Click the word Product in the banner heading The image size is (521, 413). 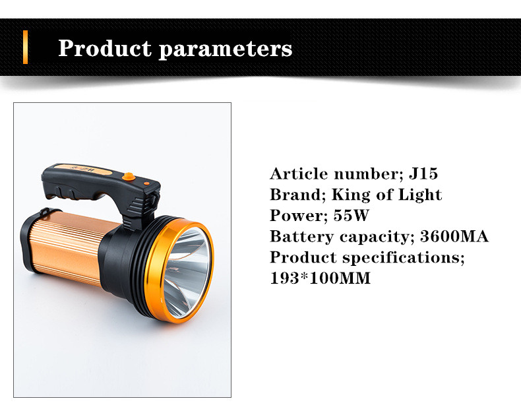pyautogui.click(x=105, y=48)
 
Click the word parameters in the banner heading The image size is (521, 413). pyautogui.click(x=226, y=50)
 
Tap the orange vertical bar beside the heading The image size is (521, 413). pyautogui.click(x=25, y=47)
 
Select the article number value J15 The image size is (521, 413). pyautogui.click(x=423, y=174)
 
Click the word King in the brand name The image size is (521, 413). pyautogui.click(x=351, y=195)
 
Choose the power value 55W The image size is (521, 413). pyautogui.click(x=351, y=216)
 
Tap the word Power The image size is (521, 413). pyautogui.click(x=296, y=216)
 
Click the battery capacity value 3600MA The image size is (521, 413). pyautogui.click(x=454, y=236)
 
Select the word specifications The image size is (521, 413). pyautogui.click(x=404, y=258)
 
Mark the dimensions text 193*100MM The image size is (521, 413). pyautogui.click(x=320, y=278)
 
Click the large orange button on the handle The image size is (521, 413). pyautogui.click(x=129, y=177)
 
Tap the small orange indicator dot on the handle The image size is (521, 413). pyautogui.click(x=146, y=183)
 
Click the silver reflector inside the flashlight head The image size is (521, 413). pyautogui.click(x=187, y=272)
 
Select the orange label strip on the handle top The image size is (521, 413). pyautogui.click(x=83, y=170)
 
